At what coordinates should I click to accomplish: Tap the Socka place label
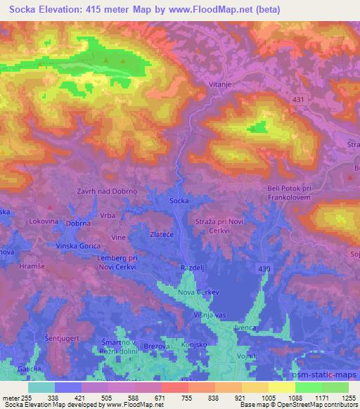click(179, 201)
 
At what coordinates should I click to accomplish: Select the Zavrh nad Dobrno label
click(106, 191)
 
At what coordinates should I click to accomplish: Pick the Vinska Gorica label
click(79, 246)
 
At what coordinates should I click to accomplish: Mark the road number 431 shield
click(299, 100)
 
